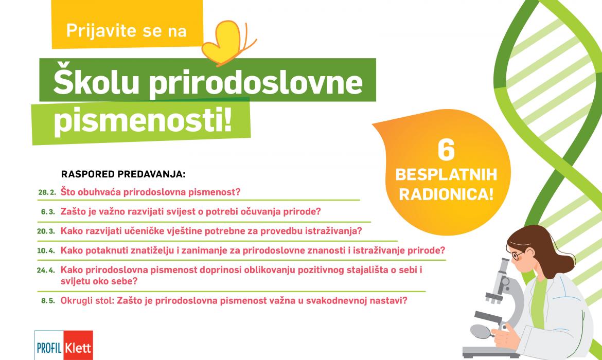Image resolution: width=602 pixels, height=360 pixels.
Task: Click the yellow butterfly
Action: [x=226, y=42]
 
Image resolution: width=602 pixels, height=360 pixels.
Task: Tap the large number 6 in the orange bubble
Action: [x=446, y=150]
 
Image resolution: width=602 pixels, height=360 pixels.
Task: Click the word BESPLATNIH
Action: [x=446, y=175]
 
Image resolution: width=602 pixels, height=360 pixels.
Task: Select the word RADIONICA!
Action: [x=446, y=194]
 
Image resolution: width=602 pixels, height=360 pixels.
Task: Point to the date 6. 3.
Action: [x=48, y=212]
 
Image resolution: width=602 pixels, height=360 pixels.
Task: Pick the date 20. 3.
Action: [x=46, y=231]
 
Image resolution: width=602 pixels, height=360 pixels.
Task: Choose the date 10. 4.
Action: [x=46, y=251]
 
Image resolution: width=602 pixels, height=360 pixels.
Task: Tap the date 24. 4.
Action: [x=46, y=271]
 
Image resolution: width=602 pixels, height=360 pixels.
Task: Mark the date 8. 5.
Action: [x=48, y=301]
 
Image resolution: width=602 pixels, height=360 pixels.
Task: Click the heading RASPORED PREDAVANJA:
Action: [x=123, y=174]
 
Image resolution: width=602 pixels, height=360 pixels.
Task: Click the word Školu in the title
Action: [x=96, y=82]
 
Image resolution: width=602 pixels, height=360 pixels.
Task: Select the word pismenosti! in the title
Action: [x=143, y=121]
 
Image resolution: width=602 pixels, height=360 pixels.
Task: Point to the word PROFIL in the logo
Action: [x=49, y=348]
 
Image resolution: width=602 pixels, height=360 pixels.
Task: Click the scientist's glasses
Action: [x=518, y=255]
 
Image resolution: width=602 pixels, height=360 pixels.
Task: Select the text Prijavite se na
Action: [x=126, y=31]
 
